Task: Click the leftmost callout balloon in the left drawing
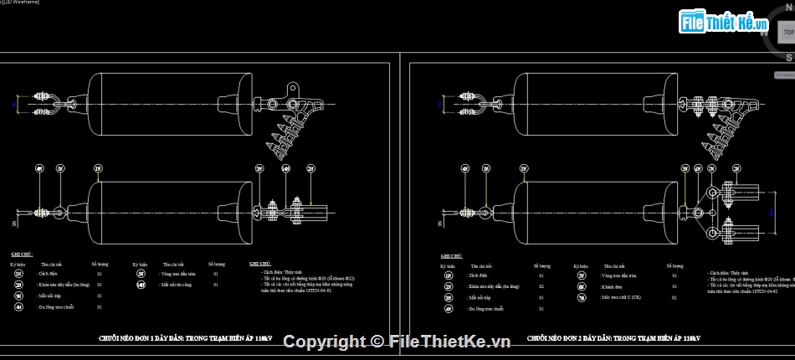coord(39,169)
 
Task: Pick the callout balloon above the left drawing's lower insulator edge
coord(99,169)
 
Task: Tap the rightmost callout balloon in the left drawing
coord(311,169)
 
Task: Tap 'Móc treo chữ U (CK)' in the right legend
coord(618,296)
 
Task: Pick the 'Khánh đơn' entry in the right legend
coord(610,285)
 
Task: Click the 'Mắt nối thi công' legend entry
coord(179,285)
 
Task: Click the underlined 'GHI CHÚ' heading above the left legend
coord(21,254)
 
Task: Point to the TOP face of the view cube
coord(786,32)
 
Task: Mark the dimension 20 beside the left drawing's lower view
coord(14,224)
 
